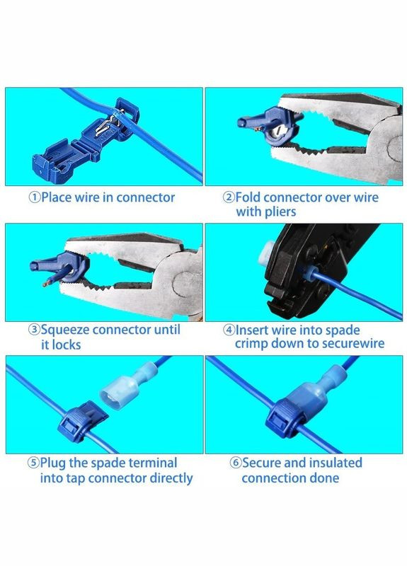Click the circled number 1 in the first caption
35,197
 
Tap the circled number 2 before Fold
229,197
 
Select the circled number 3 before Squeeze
35,330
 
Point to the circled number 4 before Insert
229,330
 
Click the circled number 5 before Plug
33,463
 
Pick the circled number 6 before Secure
236,463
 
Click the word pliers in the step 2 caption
278,212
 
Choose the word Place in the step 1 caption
57,197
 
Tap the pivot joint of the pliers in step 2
395,147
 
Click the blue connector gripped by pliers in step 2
270,125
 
